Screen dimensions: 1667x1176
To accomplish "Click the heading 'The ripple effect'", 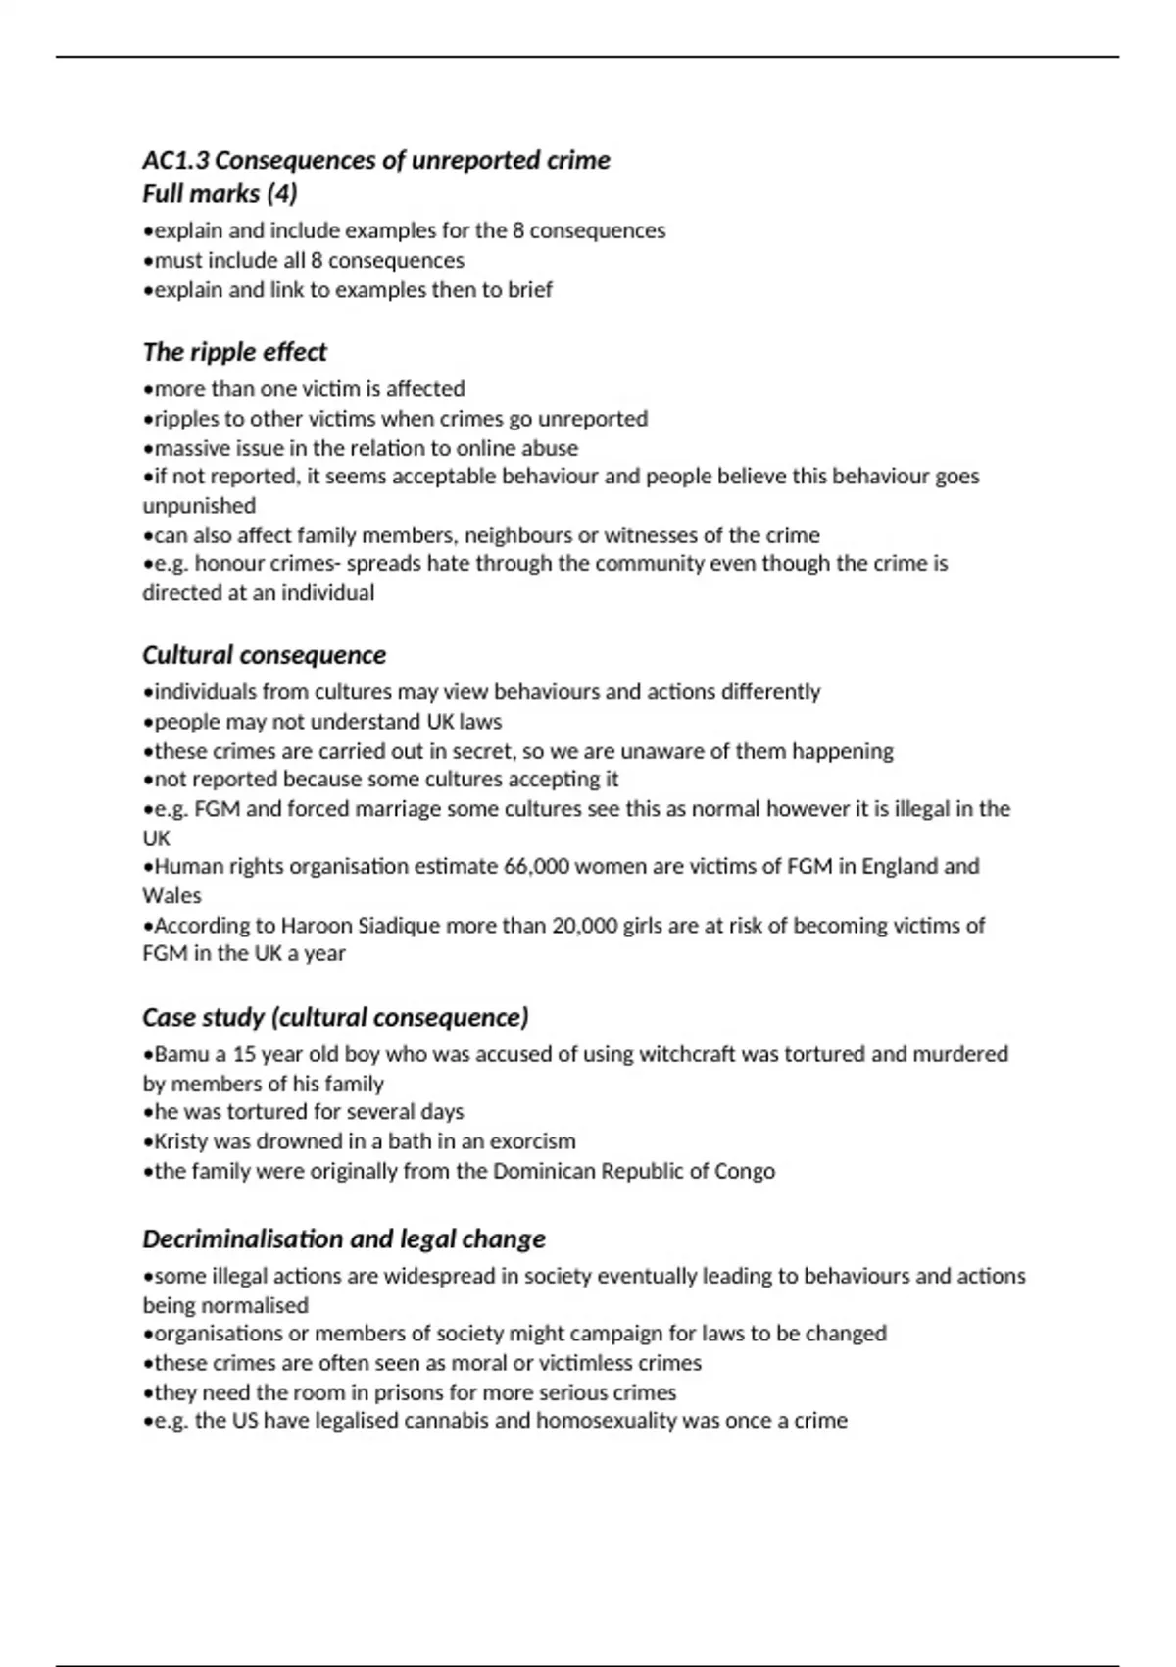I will coord(234,352).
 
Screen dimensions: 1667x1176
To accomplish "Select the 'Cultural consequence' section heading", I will coord(264,655).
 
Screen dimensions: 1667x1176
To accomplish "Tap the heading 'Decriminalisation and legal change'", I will coord(343,1238).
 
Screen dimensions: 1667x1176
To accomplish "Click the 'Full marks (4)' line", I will coord(220,193).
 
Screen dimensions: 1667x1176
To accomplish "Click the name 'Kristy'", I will coord(180,1141).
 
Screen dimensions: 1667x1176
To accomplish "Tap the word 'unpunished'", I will coord(199,506).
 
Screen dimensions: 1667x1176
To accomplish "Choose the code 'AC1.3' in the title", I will coord(175,160).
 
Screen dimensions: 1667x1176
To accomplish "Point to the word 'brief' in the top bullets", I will coord(529,290).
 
